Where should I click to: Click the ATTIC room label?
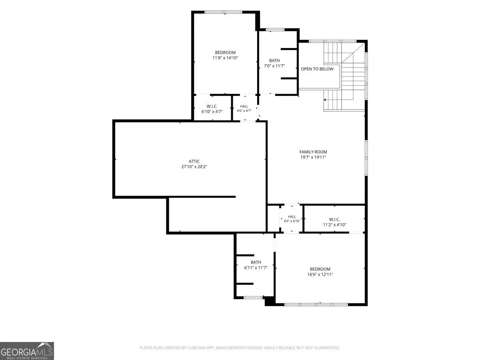click(194, 161)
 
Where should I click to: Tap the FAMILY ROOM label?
click(313, 152)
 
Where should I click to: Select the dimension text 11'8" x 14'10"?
click(225, 58)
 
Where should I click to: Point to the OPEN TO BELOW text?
click(317, 69)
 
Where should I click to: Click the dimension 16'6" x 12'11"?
click(320, 274)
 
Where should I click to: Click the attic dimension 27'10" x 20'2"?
click(194, 167)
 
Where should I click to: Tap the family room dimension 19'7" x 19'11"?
click(313, 157)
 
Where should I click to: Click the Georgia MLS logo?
click(27, 351)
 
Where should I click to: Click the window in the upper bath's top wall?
click(275, 30)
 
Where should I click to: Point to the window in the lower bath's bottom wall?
click(253, 298)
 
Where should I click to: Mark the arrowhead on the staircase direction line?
click(325, 100)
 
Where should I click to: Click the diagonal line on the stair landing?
click(353, 53)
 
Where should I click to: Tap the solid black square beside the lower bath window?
click(270, 301)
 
